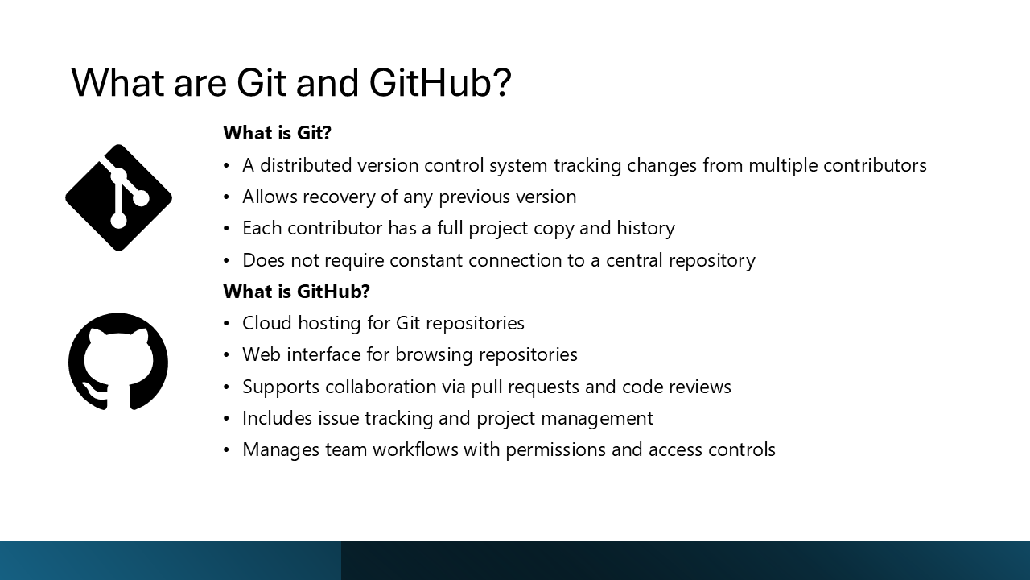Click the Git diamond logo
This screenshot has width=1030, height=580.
(118, 197)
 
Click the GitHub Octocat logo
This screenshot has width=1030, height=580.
(118, 362)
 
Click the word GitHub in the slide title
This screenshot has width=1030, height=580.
(439, 82)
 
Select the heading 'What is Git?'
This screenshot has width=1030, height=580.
(277, 133)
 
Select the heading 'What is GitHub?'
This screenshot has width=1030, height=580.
(296, 291)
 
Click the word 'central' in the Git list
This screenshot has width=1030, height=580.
(636, 260)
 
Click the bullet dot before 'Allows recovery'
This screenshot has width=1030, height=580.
(227, 197)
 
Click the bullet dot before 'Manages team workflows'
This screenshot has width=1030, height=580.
(227, 450)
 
